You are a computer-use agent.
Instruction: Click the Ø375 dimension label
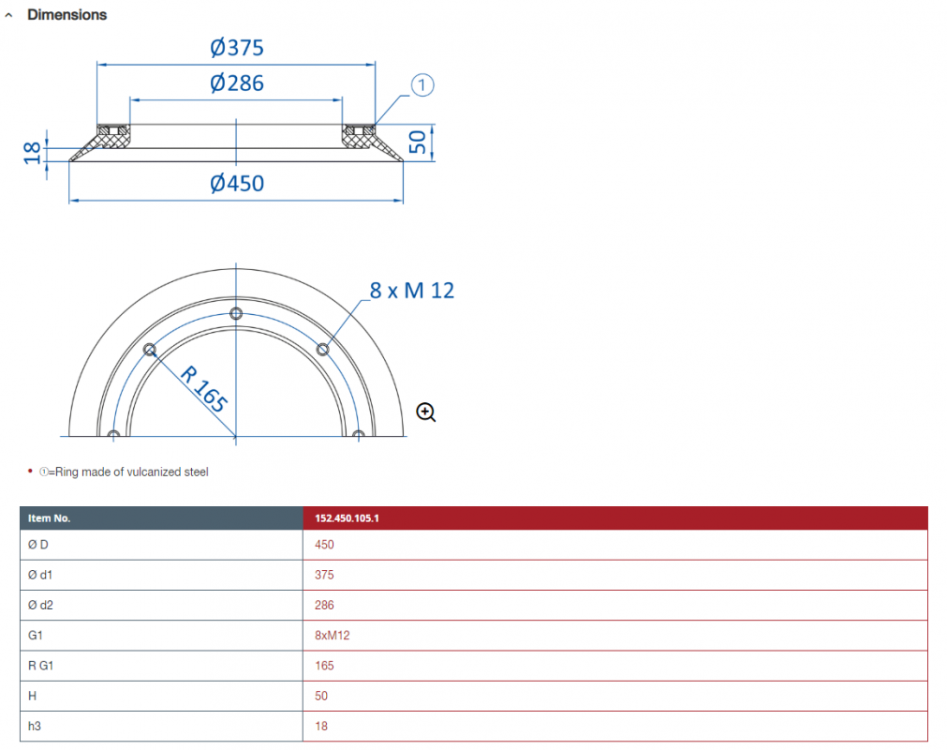click(237, 47)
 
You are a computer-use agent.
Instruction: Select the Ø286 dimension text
click(237, 82)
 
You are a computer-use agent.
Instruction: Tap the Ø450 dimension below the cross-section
click(237, 183)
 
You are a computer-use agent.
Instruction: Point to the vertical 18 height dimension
click(32, 154)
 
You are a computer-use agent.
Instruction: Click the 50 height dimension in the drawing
click(418, 142)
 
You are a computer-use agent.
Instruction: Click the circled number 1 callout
click(422, 84)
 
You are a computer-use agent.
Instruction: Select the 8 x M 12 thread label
click(412, 291)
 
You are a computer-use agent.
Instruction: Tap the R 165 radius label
click(204, 389)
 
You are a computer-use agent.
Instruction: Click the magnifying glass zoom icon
click(426, 412)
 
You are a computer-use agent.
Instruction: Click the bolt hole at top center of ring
click(236, 313)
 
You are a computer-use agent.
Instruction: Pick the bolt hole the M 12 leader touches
click(322, 350)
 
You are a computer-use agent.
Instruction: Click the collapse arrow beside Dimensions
click(8, 15)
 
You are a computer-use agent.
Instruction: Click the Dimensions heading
click(67, 14)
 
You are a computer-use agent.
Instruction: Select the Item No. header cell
click(49, 517)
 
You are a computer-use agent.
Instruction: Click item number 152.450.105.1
click(347, 517)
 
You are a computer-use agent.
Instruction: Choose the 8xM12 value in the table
click(333, 636)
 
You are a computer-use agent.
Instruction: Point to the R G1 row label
click(40, 666)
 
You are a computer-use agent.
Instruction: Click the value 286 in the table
click(324, 605)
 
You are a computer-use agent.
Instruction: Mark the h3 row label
click(35, 726)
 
